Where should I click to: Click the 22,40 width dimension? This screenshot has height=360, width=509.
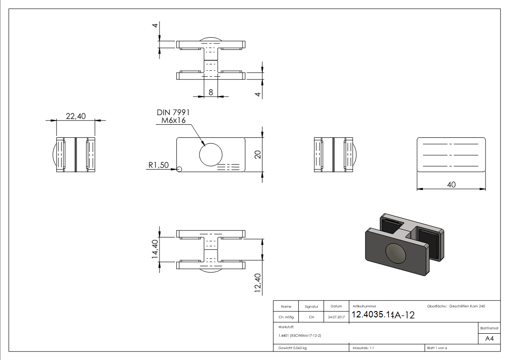tap(76, 116)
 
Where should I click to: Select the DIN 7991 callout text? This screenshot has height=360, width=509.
tap(173, 112)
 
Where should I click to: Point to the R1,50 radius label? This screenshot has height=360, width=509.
tap(159, 165)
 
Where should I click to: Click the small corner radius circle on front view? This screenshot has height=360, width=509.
tap(179, 169)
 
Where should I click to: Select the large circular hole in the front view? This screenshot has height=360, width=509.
tap(211, 153)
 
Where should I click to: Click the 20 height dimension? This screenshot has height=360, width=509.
tap(258, 154)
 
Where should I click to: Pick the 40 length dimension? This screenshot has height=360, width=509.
tap(451, 185)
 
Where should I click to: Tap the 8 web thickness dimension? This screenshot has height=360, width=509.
tap(211, 92)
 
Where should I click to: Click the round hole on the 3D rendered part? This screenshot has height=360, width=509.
tap(396, 253)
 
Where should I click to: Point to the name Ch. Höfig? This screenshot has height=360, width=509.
tap(286, 317)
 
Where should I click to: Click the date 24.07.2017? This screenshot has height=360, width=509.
tap(336, 317)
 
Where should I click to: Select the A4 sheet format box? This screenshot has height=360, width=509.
tap(489, 339)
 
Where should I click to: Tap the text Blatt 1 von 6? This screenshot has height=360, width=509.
tap(437, 348)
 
